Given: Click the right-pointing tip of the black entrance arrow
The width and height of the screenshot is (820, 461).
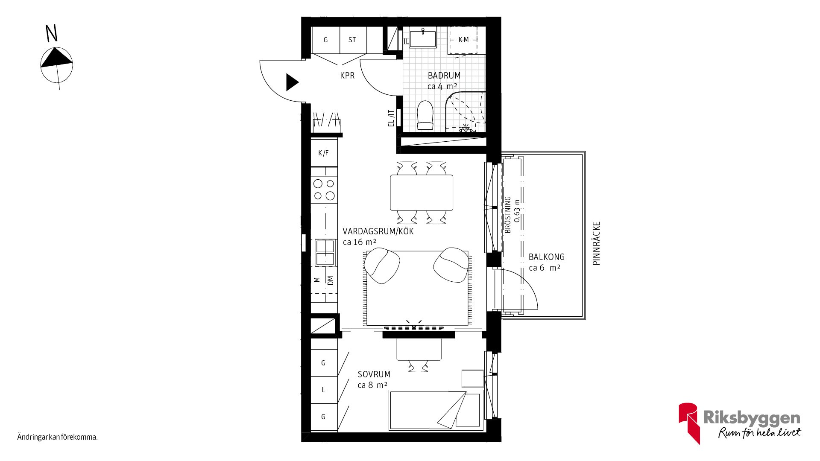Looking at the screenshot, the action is [299, 82].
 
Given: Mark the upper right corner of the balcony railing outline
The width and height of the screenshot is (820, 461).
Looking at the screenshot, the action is [585, 152].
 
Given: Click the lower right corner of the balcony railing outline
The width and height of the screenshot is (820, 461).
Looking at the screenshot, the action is [585, 319].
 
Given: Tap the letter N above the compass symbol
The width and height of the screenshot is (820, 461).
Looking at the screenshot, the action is [51, 34].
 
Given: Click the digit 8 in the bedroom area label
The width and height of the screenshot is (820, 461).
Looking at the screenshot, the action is [371, 385].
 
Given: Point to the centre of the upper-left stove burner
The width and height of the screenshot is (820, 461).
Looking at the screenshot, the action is [318, 184].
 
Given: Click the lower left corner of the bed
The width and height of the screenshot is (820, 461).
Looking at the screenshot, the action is [389, 429].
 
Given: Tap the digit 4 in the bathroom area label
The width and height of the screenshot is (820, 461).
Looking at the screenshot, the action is [440, 86].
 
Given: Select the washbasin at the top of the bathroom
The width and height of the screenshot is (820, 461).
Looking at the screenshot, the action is [423, 38].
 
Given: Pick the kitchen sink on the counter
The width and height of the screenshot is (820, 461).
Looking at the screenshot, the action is [325, 252].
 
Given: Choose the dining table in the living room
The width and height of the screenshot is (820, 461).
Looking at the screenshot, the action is [422, 193].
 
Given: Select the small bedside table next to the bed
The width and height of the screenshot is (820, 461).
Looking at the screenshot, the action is [472, 379].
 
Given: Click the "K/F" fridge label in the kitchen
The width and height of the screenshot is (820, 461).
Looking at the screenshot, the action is [323, 153].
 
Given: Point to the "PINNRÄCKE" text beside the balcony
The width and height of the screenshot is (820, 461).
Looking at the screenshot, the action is [597, 243].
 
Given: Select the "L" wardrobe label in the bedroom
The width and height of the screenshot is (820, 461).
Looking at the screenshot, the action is [323, 390].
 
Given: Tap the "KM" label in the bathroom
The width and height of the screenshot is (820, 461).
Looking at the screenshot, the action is [463, 40].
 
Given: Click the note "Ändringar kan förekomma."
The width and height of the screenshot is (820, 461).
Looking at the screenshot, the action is [58, 437].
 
